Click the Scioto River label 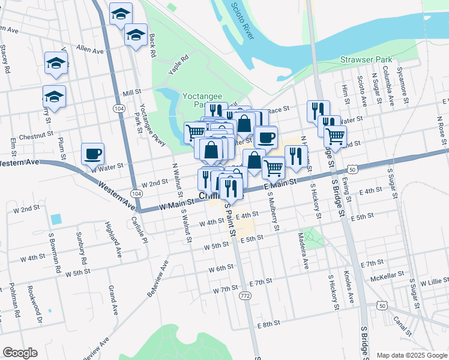241,20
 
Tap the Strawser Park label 366,59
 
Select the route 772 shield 245,296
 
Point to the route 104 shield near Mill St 119,108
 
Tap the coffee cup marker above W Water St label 92,154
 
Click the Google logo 20,353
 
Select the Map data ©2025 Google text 412,355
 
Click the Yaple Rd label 178,64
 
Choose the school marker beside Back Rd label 136,35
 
